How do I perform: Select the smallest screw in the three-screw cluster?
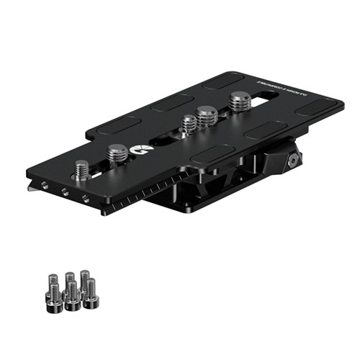coord(189,123)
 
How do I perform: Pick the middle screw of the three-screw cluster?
coord(207,114)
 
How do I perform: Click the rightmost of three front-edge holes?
coord(85,197)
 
